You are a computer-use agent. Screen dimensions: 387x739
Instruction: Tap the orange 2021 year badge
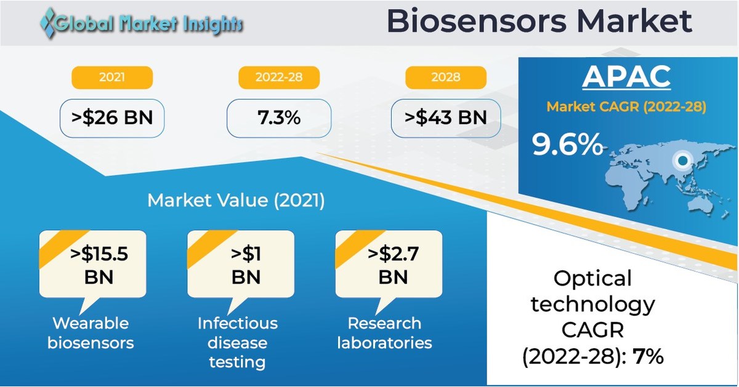[111, 78]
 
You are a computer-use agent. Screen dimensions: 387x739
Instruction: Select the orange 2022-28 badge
[279, 78]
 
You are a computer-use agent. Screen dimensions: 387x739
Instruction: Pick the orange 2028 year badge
[445, 78]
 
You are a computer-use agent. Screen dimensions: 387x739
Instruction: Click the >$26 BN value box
[111, 118]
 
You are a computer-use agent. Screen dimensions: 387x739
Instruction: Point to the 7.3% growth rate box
[279, 118]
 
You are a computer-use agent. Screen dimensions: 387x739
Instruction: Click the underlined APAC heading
[626, 77]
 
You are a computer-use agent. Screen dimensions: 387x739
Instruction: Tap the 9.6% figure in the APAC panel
[567, 145]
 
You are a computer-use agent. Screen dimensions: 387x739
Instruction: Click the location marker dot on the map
[681, 162]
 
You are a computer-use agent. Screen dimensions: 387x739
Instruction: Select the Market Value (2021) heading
[235, 201]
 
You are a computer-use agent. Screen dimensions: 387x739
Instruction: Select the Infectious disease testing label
[237, 342]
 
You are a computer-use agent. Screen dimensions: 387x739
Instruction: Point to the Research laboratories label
[384, 332]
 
